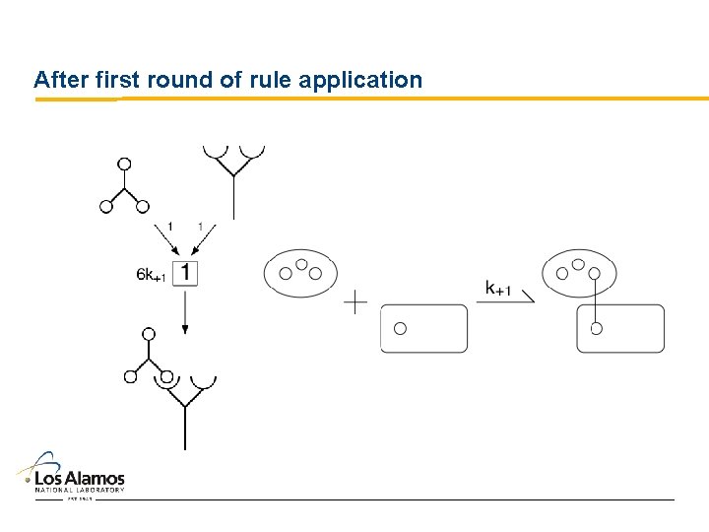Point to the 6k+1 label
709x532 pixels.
coord(152,276)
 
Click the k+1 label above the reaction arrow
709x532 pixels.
coord(498,288)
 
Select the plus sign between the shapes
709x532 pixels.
coord(355,302)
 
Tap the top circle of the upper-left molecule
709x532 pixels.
coord(124,164)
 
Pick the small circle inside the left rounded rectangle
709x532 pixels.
coord(400,329)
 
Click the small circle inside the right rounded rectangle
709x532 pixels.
coord(596,328)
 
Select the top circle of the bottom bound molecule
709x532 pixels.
coord(149,334)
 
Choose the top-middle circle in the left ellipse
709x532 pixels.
coord(302,265)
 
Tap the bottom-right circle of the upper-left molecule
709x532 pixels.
coord(143,206)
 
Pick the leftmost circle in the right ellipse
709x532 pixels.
coord(562,273)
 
